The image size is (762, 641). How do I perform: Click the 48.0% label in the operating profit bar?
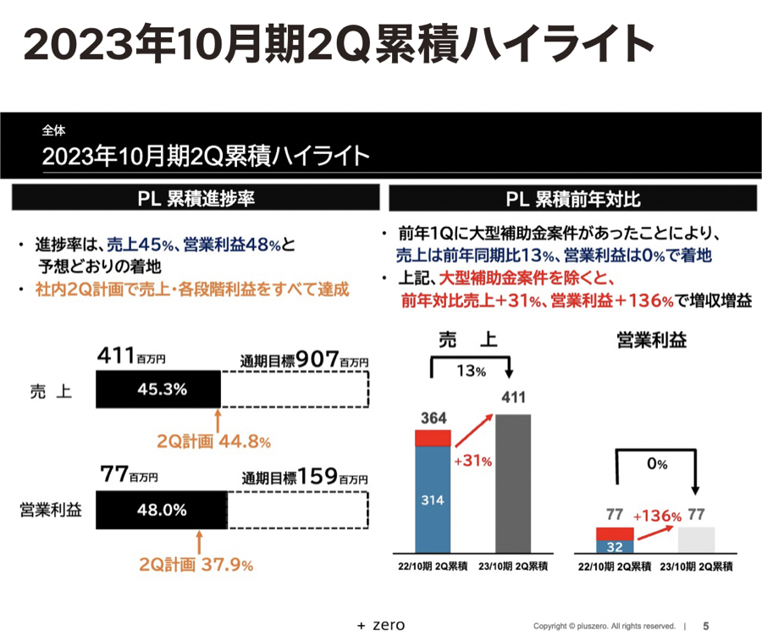pos(161,510)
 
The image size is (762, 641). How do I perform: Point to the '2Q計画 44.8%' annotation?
pos(213,441)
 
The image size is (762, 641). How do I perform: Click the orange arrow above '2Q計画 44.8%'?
pos(218,421)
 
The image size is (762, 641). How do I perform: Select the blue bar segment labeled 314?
pos(433,500)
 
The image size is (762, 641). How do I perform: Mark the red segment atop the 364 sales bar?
pos(433,438)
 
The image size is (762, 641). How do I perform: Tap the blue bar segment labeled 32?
pos(615,546)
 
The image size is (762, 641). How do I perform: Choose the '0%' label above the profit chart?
pos(657,464)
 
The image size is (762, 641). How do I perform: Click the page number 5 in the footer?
pos(705,627)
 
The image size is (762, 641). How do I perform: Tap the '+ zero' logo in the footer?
pos(381,626)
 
